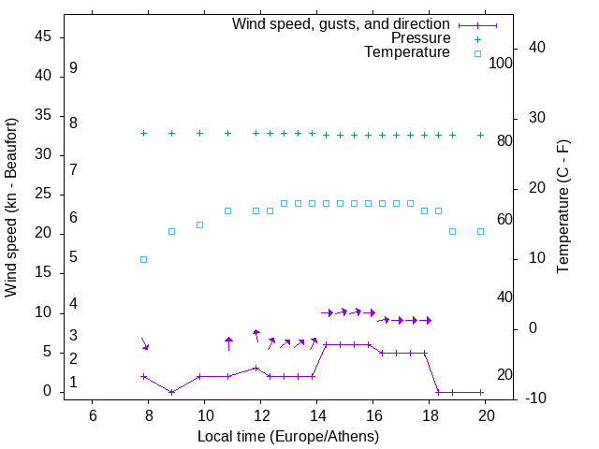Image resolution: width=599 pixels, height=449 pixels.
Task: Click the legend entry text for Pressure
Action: (421, 38)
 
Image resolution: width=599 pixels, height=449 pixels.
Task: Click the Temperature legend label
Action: (407, 53)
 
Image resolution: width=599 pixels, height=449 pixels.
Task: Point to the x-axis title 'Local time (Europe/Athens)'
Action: (288, 437)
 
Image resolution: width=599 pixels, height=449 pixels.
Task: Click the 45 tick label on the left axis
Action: (43, 36)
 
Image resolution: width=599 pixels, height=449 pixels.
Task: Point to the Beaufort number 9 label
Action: (73, 68)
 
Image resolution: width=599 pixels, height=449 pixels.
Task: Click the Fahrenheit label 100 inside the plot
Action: (501, 63)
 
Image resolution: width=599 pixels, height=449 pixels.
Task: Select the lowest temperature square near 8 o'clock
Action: (143, 259)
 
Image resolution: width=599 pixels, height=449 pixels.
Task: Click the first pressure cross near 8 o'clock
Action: (143, 134)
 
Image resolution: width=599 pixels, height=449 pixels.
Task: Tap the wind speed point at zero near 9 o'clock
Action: (171, 392)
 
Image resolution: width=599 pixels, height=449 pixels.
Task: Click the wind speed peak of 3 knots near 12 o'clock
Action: (256, 368)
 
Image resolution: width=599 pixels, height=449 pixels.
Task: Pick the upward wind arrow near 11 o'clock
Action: (228, 343)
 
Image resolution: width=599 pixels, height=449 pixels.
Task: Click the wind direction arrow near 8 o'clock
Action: (144, 343)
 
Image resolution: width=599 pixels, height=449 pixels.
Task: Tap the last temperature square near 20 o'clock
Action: (480, 231)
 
